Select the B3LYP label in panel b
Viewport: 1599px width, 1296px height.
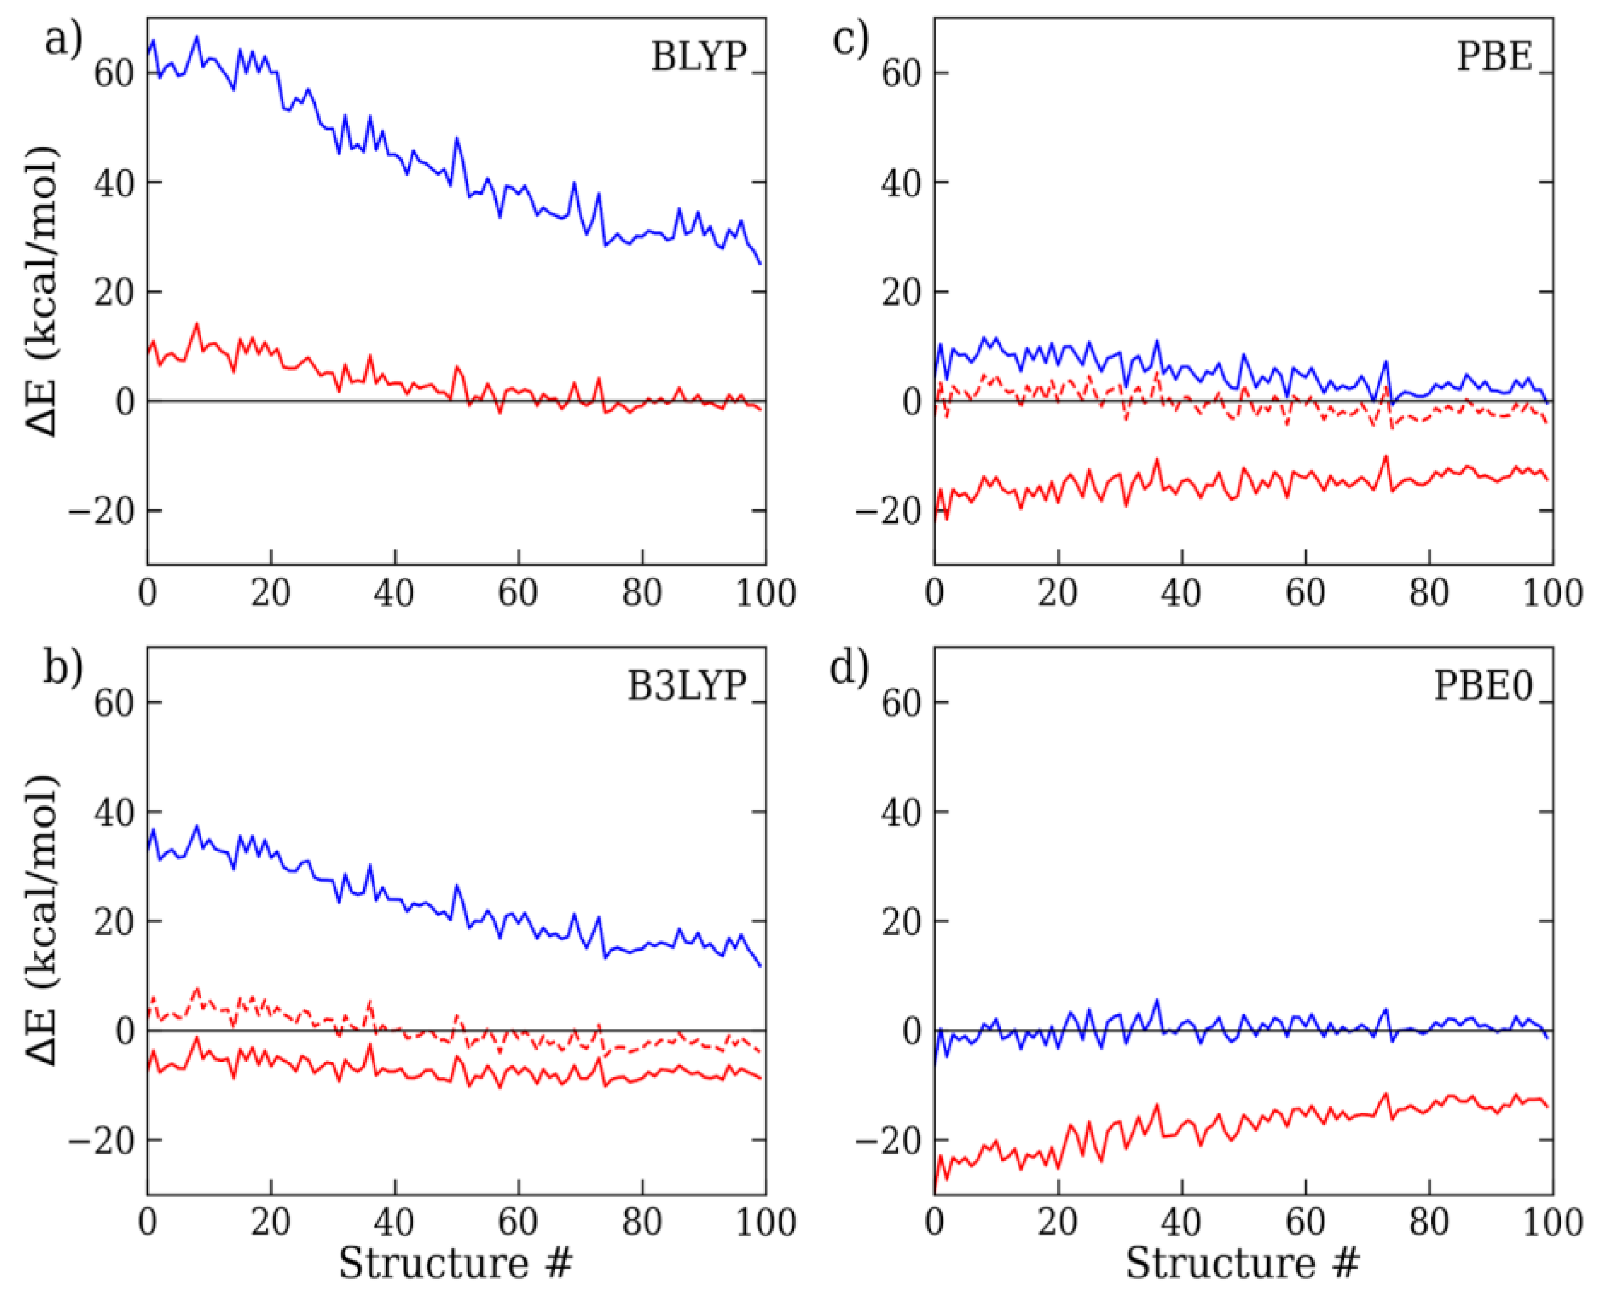point(687,685)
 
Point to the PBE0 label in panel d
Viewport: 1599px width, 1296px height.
point(1482,685)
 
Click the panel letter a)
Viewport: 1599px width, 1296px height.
point(63,39)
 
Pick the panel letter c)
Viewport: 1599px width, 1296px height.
point(850,39)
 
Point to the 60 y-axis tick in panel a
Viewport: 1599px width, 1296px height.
point(113,74)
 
